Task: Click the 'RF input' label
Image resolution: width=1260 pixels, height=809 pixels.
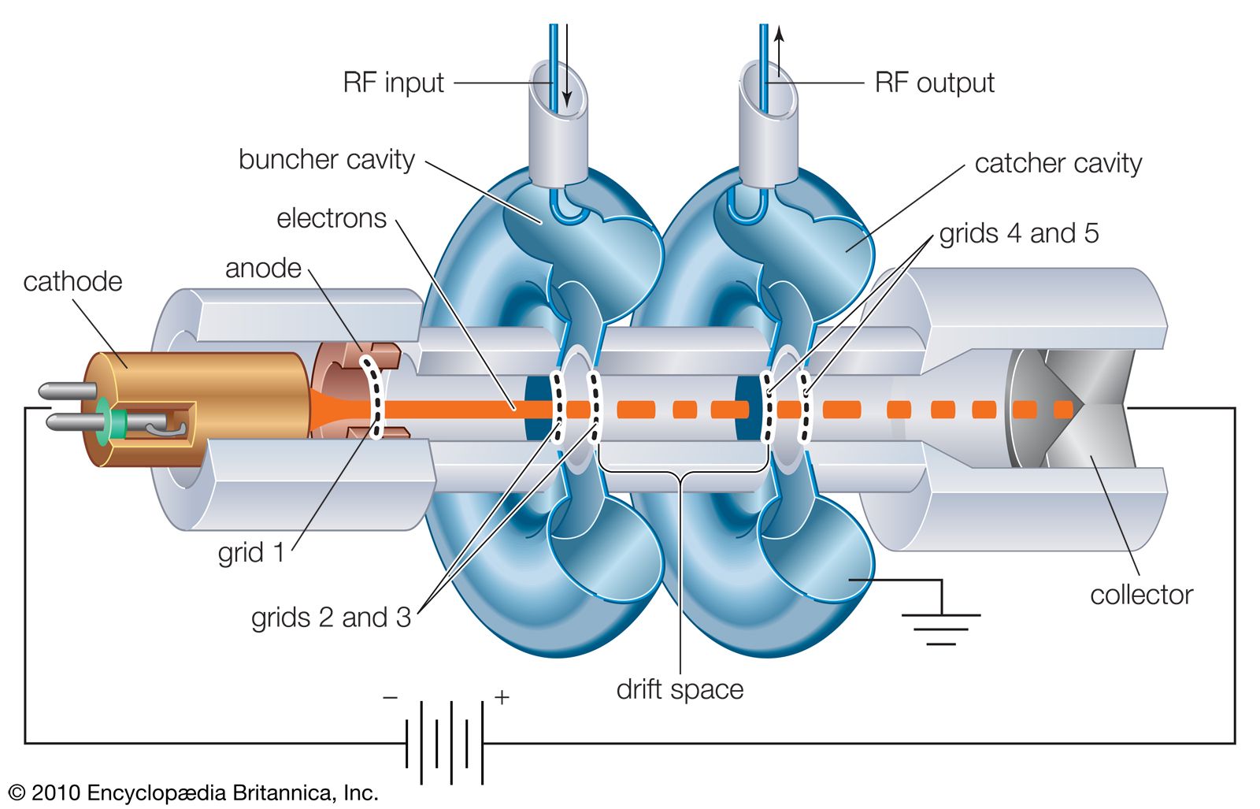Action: coord(393,83)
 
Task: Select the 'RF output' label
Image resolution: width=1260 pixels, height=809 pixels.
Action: coord(934,83)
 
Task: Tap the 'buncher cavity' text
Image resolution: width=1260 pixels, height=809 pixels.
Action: coord(326,160)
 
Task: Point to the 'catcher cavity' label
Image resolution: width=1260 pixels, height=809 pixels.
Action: coord(1058,164)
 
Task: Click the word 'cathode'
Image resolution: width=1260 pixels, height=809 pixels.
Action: coord(72,282)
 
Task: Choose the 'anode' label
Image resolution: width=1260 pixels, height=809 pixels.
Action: coord(263,269)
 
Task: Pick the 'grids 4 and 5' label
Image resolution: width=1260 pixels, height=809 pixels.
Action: coord(1018,233)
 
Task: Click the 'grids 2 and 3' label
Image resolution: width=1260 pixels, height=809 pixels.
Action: coord(331,617)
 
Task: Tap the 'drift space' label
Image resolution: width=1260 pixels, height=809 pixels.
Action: coord(680,689)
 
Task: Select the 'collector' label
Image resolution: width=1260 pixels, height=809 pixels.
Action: coord(1141,595)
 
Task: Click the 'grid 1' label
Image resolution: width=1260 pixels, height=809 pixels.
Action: coord(250,553)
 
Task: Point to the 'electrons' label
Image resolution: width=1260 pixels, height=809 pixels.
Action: coord(331,218)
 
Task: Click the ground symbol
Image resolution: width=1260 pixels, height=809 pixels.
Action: coord(941,627)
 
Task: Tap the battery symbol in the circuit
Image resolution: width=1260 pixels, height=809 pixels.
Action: coord(444,742)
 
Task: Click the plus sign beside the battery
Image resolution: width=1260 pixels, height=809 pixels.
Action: coord(502,697)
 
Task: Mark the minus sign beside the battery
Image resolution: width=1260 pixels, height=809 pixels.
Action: coord(390,698)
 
